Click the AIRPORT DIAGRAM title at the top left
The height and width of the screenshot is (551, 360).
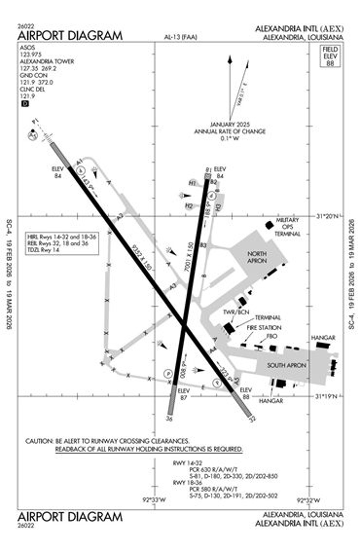[x=71, y=36]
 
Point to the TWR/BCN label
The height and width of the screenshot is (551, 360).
[x=235, y=312]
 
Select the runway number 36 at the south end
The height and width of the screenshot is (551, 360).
[x=169, y=420]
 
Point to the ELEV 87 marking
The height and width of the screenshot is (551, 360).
[x=183, y=393]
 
